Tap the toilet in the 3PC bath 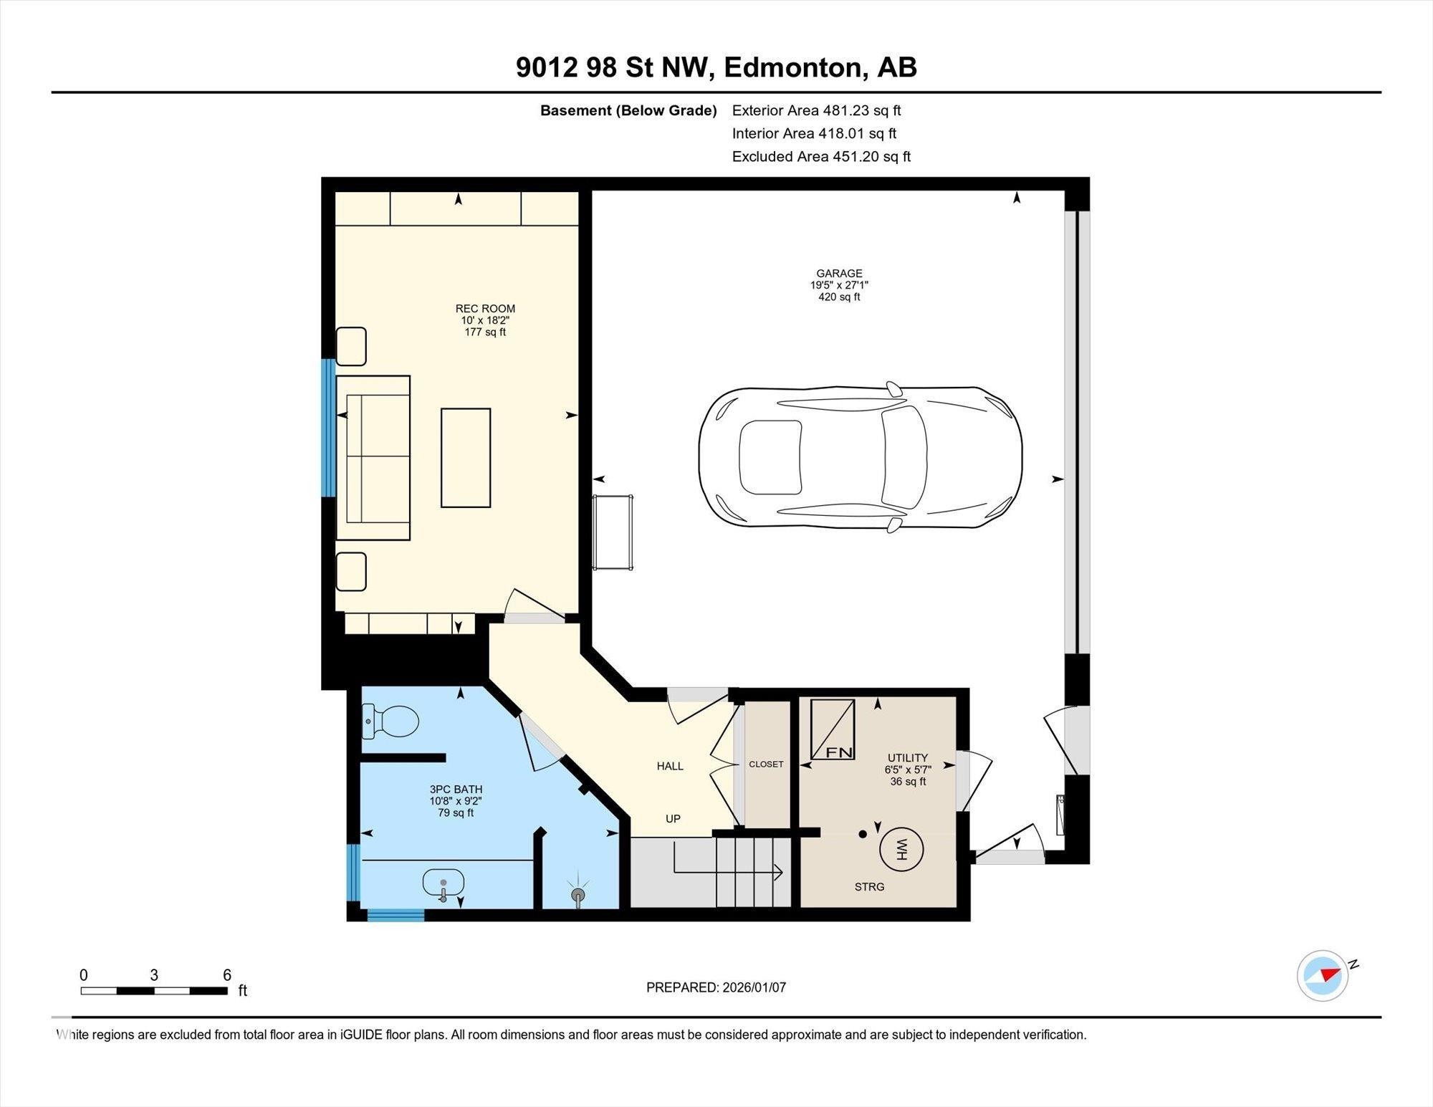tap(393, 721)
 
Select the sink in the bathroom tap(443, 882)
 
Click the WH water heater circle tap(901, 850)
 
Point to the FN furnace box tap(833, 729)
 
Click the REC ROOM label tap(485, 309)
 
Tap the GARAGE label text tap(839, 273)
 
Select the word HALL tap(670, 766)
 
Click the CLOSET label tap(766, 764)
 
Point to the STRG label tap(869, 887)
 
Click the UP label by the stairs tap(673, 818)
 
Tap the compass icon tap(1323, 975)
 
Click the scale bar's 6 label tap(227, 974)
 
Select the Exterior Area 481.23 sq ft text tap(816, 110)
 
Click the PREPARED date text tap(716, 987)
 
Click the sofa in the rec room tap(373, 458)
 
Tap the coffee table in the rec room tap(466, 458)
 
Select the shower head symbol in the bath tap(578, 895)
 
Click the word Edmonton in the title tap(791, 67)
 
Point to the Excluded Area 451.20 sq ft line tap(821, 156)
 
